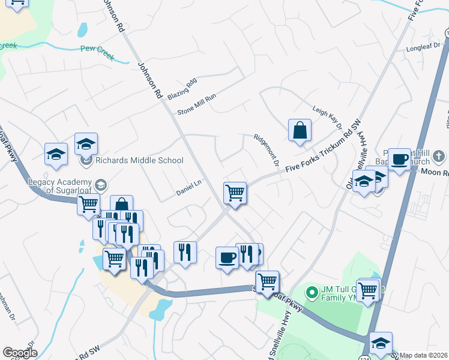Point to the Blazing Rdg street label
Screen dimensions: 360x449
point(182,88)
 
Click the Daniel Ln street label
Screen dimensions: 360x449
point(188,188)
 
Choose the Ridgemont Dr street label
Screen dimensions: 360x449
point(267,150)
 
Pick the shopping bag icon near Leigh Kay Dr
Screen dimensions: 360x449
point(299,130)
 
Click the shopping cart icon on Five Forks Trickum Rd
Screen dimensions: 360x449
point(235,193)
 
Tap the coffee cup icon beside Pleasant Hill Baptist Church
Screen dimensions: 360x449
point(399,160)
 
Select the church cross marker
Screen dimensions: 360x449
point(439,157)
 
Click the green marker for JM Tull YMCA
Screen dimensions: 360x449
point(312,292)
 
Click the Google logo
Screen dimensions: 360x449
point(20,353)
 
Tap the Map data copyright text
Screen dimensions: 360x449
point(423,355)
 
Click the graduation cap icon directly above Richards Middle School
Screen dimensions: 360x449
point(86,144)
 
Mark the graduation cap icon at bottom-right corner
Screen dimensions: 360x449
point(381,343)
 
